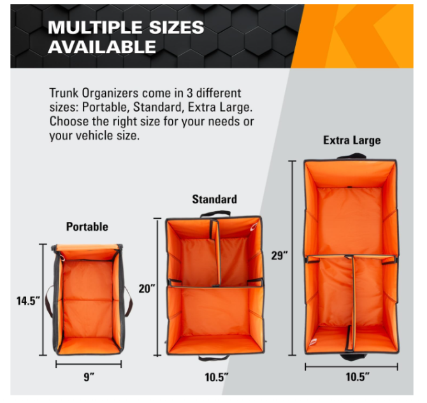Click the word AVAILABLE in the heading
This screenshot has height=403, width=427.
point(102,47)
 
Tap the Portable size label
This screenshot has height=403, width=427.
point(87,227)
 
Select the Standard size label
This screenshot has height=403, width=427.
point(215,199)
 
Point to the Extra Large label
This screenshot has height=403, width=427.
point(352,140)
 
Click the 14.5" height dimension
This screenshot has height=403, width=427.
point(28,301)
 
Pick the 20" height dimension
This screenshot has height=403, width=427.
point(147,289)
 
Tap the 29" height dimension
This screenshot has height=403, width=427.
point(279,256)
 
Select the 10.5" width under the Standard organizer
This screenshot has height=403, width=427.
point(217,377)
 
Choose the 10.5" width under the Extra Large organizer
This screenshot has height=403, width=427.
point(358,377)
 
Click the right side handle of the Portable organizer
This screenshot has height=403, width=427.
point(129,301)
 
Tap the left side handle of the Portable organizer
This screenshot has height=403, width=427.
point(49,302)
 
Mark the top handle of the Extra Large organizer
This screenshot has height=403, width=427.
point(351,155)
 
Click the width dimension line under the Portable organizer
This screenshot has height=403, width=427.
point(89,364)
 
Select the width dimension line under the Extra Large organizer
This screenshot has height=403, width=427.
point(351,367)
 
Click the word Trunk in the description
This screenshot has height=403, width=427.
point(64,93)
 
